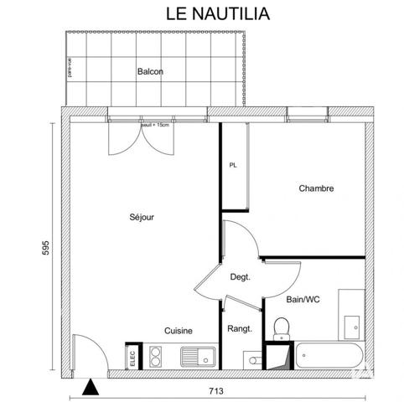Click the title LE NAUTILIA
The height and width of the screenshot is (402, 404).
202,13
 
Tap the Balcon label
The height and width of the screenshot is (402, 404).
150,72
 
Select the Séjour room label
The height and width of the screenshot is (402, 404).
142,217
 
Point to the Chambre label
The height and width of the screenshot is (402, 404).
316,188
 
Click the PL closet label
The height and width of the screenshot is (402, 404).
234,165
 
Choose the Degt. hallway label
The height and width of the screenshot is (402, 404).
241,276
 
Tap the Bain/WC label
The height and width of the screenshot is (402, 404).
303,299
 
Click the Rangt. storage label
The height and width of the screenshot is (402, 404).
241,329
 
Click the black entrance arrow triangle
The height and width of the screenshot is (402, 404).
90,385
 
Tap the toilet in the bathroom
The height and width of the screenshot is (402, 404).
281,327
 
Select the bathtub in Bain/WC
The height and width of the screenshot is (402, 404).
329,354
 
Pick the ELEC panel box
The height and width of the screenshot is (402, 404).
132,356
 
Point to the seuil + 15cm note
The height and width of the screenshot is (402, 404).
154,125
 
